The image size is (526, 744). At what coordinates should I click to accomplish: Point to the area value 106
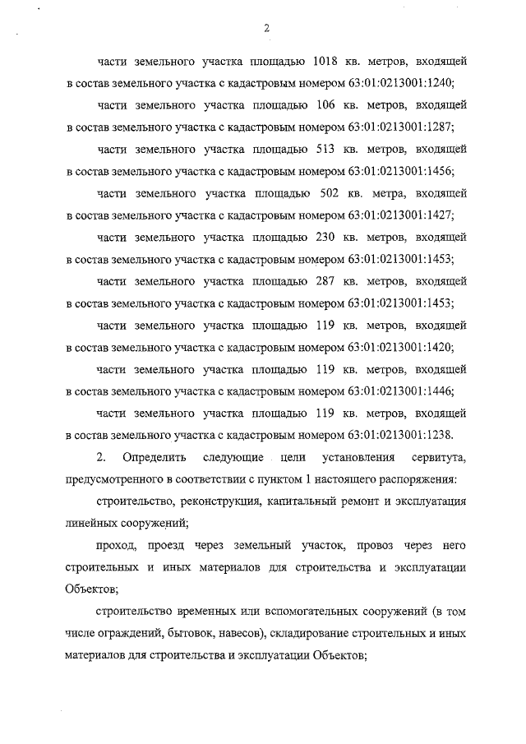(325, 106)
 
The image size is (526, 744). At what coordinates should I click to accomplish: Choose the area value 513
(326, 149)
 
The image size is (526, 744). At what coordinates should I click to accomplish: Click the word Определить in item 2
(155, 456)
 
